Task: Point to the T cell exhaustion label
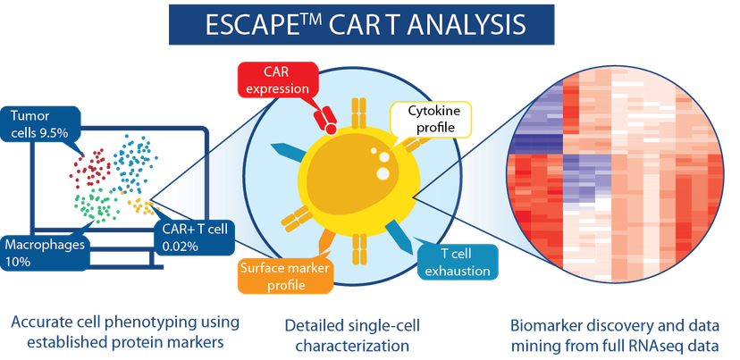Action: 456,263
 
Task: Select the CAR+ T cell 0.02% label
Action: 195,238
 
